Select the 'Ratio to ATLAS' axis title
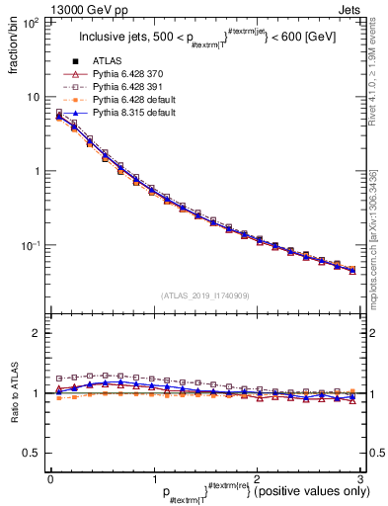click(13, 392)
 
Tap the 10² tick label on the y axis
click(32, 22)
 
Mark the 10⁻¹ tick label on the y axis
click(31, 245)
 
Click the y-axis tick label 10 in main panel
click(34, 97)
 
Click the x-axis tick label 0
click(50, 479)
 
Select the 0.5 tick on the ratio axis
click(32, 453)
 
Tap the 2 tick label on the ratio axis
click(37, 333)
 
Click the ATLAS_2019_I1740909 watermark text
click(205, 295)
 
